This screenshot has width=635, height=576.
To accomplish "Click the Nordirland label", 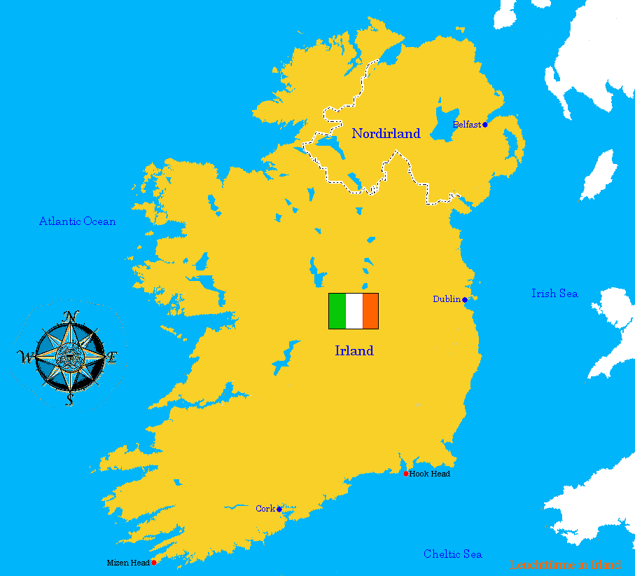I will click(x=386, y=134).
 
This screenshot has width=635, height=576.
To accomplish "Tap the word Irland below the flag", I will click(x=354, y=351).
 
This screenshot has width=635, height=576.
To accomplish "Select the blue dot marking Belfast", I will click(x=484, y=125).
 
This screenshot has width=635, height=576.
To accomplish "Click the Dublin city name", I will click(x=446, y=299).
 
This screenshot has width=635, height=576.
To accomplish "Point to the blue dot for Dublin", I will click(x=464, y=300).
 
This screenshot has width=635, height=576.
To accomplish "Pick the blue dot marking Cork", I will click(x=279, y=509).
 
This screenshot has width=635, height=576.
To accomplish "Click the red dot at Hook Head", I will click(x=406, y=474).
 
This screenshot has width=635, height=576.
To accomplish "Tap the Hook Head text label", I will click(x=430, y=474).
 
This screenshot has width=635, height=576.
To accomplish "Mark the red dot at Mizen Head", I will click(x=154, y=562).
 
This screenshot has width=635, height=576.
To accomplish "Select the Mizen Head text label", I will click(x=128, y=563).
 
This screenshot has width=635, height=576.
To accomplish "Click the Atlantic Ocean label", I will click(x=77, y=221).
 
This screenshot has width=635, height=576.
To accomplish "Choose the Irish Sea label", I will click(x=554, y=294).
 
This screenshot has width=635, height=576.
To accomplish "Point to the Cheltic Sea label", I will click(x=453, y=554).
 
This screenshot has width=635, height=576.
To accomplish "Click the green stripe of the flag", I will click(x=337, y=311).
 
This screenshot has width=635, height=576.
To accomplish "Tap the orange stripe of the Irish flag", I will click(x=370, y=311).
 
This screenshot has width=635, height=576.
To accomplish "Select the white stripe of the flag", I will click(x=354, y=311).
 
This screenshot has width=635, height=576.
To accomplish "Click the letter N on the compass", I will click(x=69, y=317).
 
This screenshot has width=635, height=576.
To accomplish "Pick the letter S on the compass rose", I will click(x=69, y=399).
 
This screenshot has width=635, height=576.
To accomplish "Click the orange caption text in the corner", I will click(x=565, y=565).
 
